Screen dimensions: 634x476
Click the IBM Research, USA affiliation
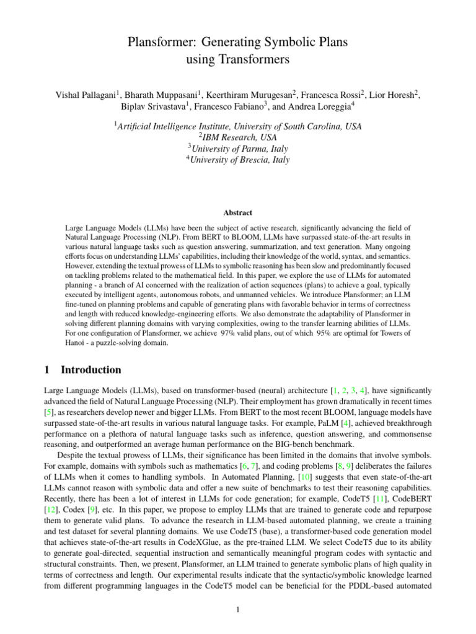click(237, 137)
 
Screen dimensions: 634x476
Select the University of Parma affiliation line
click(237, 149)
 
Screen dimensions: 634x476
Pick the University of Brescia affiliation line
click(237, 160)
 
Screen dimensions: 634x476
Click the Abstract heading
click(237, 212)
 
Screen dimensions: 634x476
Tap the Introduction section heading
click(90, 370)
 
